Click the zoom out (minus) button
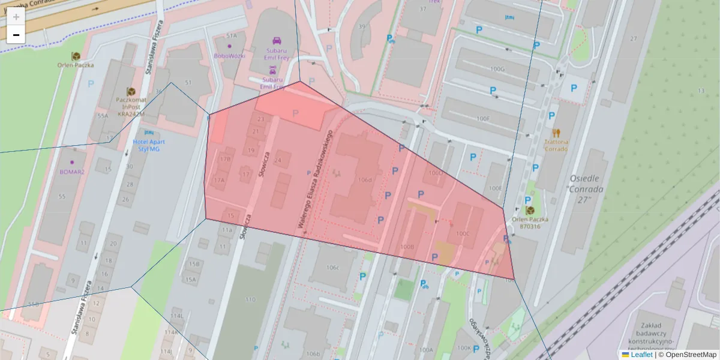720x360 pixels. (16, 35)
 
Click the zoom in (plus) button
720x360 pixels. (16, 16)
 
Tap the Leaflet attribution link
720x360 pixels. (641, 355)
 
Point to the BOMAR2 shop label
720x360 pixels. (72, 172)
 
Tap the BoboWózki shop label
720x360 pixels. (229, 56)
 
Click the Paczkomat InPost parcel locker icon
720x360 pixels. (131, 91)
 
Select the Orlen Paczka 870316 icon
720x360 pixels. (530, 211)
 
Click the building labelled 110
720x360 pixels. (250, 299)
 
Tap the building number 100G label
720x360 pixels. (497, 69)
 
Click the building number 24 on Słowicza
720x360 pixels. (277, 160)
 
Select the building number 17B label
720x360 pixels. (225, 159)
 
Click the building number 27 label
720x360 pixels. (633, 38)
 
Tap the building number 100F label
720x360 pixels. (482, 118)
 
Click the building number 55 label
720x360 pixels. (61, 196)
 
